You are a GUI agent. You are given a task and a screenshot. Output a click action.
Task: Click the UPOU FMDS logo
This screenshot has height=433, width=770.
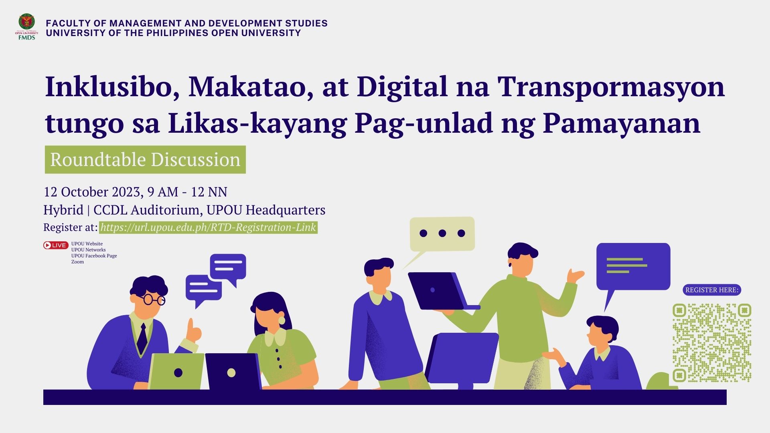27,27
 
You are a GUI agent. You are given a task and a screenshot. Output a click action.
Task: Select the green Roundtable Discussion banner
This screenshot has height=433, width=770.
145,160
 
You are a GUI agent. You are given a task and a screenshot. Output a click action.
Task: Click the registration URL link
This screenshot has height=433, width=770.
208,227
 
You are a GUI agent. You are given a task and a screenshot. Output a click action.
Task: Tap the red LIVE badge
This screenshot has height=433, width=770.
56,245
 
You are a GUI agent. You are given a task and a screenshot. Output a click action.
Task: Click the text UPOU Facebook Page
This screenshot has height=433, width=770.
94,256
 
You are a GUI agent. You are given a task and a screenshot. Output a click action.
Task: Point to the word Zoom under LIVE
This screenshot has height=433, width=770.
78,262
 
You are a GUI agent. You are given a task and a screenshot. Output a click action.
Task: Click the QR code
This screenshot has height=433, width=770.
711,343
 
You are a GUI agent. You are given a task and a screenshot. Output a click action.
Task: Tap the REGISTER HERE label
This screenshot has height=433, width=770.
711,290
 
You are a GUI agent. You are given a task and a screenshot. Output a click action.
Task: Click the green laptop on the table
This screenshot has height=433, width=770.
176,371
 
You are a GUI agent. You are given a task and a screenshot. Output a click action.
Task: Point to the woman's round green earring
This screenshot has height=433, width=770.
282,320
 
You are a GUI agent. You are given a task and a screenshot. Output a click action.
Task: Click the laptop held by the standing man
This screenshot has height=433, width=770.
441,291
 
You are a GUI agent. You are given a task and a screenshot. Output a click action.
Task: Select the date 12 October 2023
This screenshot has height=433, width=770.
92,192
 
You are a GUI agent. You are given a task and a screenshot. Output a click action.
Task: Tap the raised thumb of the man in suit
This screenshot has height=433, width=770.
191,325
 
